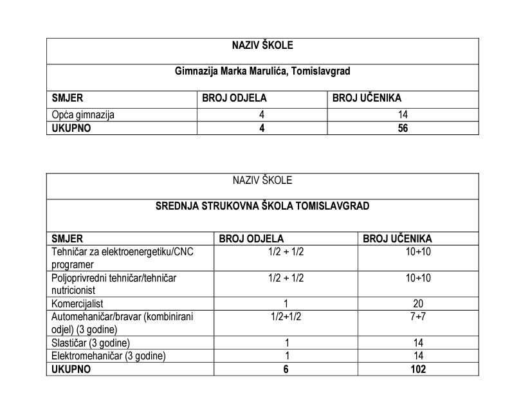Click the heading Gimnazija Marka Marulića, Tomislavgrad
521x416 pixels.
click(262, 71)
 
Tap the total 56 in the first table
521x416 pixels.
click(403, 127)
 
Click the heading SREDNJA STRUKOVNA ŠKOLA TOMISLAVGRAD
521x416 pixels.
click(262, 206)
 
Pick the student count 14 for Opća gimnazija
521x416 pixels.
click(403, 114)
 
